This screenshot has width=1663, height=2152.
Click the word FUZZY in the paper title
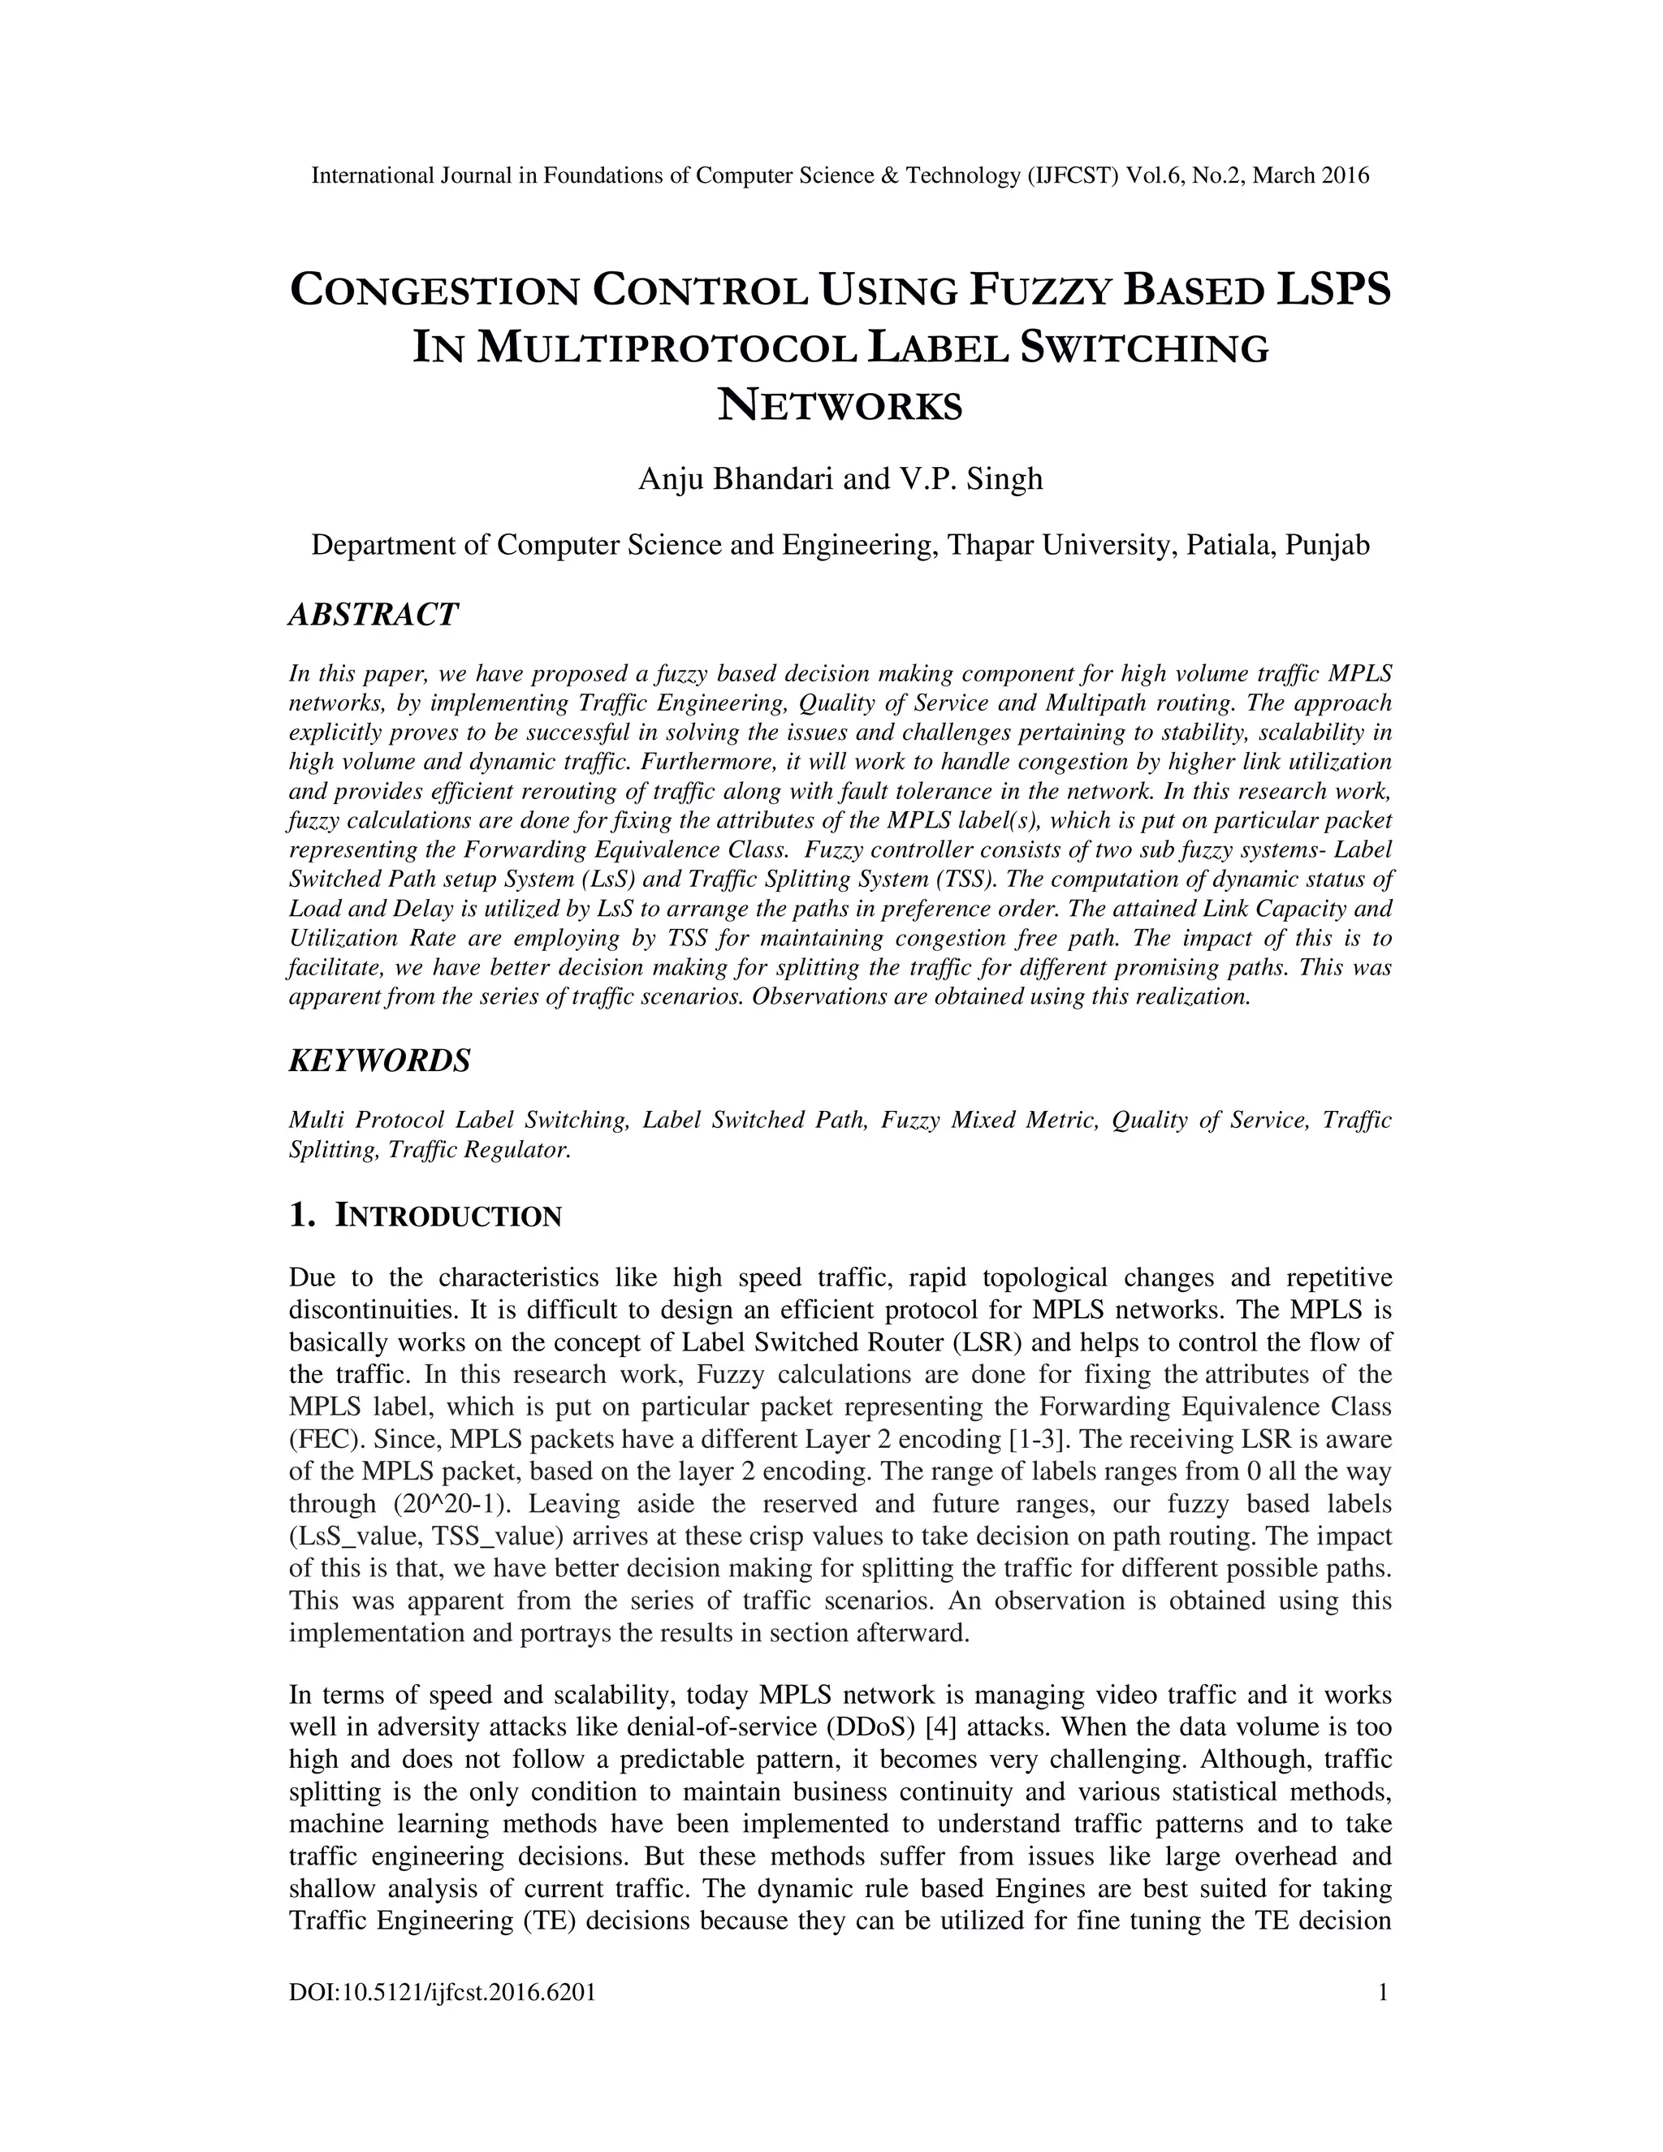pyautogui.click(x=1039, y=291)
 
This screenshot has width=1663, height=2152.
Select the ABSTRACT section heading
pyautogui.click(x=374, y=615)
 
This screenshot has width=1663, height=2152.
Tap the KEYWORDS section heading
pyautogui.click(x=379, y=1061)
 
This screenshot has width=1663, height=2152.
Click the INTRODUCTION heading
pyautogui.click(x=448, y=1217)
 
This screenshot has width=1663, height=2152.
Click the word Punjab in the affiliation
pyautogui.click(x=1329, y=545)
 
